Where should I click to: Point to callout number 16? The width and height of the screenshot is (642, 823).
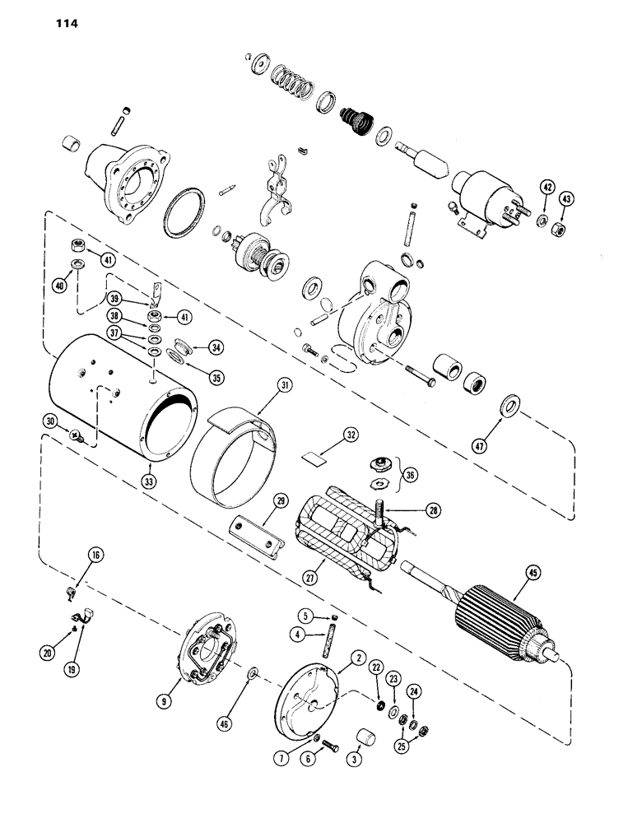[x=95, y=557]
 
